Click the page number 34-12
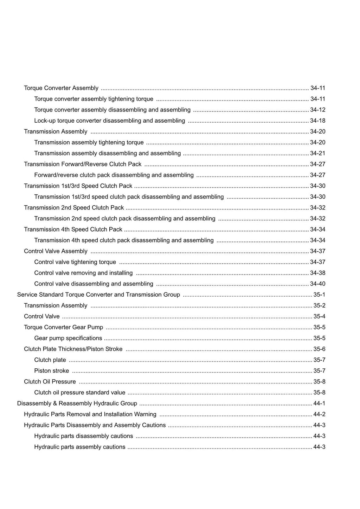317,110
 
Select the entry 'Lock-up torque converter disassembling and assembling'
109,121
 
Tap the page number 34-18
317,121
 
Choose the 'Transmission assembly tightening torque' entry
89,142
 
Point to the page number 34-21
317,153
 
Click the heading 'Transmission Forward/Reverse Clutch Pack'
83,164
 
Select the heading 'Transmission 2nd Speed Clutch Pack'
74,208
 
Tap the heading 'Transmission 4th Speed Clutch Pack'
73,230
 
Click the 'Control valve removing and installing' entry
83,273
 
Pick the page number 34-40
317,284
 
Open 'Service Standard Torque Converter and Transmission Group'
98,295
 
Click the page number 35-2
319,305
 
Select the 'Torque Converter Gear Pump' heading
64,327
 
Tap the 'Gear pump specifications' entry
68,338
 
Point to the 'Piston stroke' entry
52,371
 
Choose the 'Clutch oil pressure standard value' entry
80,393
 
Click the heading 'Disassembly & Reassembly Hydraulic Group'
77,404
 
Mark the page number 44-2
319,414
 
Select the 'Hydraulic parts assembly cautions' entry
80,447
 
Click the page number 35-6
319,349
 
